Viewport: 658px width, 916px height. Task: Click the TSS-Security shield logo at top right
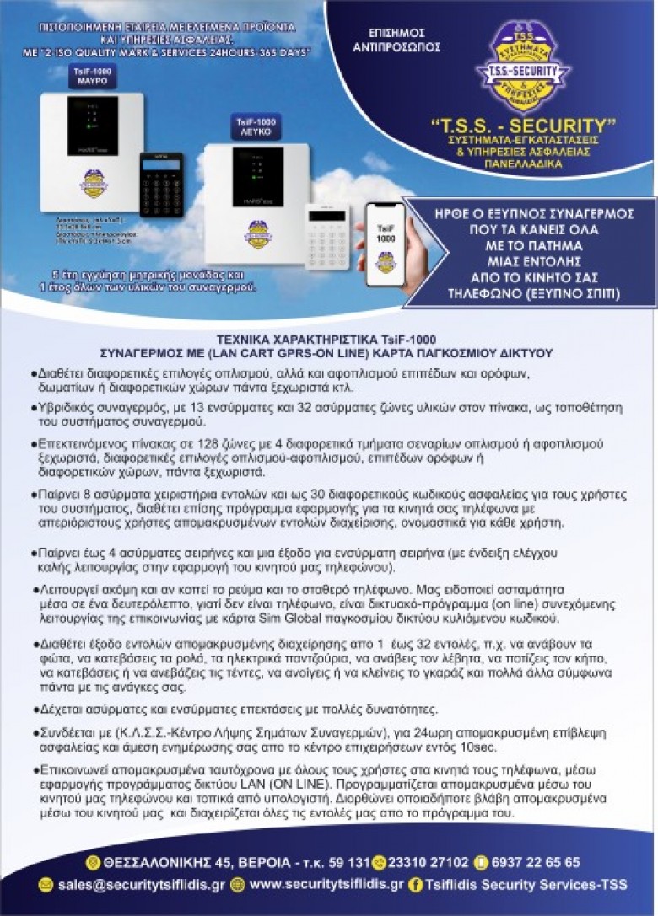(522, 65)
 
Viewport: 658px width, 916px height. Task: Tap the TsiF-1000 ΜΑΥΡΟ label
(92, 77)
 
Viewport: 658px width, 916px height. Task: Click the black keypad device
(161, 184)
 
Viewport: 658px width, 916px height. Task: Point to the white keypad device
(327, 235)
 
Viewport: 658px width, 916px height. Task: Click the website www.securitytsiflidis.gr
(326, 884)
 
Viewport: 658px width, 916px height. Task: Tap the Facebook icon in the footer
(415, 885)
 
